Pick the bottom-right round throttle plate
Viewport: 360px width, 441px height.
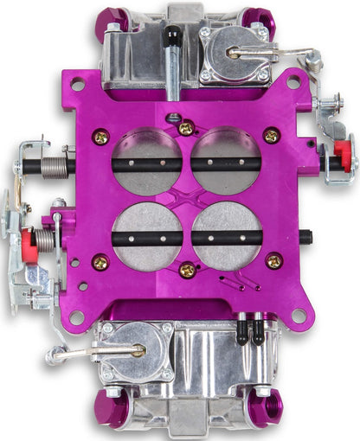(227, 235)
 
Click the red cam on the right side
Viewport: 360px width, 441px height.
(342, 154)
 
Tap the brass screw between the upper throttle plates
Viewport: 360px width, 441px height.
(186, 128)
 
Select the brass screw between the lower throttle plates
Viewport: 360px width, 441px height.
(186, 271)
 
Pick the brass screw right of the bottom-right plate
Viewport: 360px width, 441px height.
(274, 259)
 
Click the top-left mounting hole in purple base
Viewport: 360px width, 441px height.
(78, 86)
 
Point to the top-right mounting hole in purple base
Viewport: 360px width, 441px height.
(293, 84)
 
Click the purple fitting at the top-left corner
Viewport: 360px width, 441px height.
(108, 16)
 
